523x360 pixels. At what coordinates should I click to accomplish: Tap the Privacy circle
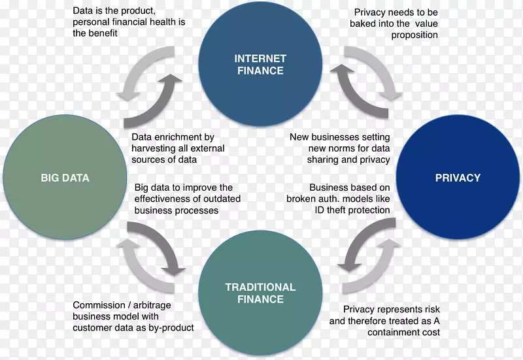(x=458, y=178)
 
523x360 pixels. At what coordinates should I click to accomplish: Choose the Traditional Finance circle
(x=260, y=293)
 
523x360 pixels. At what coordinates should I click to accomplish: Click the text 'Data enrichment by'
(x=173, y=137)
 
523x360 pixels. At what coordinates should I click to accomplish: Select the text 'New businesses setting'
(x=340, y=137)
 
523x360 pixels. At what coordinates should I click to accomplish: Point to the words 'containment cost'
(x=403, y=332)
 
